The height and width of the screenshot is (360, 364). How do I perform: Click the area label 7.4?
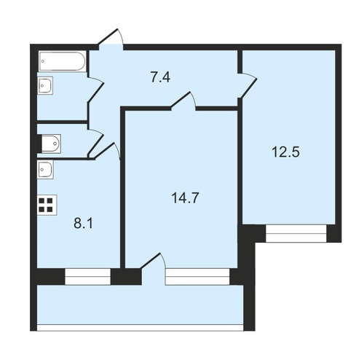[x=160, y=77]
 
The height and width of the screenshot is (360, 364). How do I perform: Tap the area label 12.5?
[x=286, y=152]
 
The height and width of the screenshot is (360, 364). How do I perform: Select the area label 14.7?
[x=185, y=197]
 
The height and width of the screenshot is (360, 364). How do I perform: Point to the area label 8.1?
[x=83, y=224]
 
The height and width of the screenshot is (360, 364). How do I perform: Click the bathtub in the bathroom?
[x=62, y=61]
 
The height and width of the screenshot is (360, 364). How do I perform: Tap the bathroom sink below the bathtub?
[x=45, y=85]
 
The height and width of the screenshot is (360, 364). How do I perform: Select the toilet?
[x=51, y=144]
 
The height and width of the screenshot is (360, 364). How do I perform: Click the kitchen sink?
[x=45, y=169]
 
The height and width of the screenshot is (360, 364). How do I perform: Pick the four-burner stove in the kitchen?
[x=47, y=205]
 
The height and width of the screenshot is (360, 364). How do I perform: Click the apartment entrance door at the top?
[x=111, y=39]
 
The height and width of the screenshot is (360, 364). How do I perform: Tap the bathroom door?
[x=95, y=90]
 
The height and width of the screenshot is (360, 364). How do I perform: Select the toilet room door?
[x=95, y=141]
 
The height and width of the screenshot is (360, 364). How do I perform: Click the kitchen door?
[x=106, y=151]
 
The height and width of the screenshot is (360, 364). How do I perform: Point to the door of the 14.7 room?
[x=183, y=100]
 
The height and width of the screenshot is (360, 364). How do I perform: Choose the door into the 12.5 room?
[x=248, y=85]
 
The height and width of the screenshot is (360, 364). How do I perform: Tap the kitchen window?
[x=87, y=276]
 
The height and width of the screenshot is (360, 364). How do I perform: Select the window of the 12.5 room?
[x=296, y=233]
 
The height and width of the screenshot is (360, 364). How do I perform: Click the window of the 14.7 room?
[x=197, y=276]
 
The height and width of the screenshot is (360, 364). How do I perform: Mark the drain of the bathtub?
[x=43, y=61]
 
